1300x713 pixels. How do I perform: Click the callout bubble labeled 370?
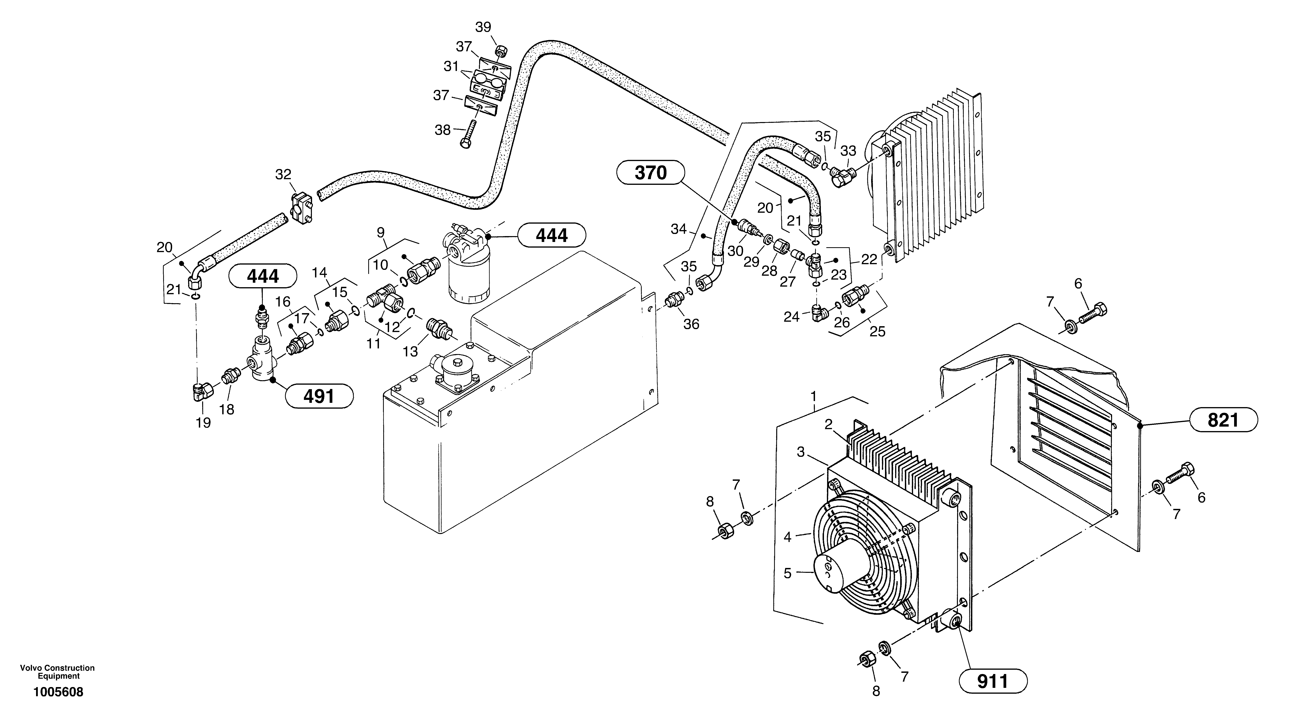point(650,173)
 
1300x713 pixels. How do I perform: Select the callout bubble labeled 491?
point(319,396)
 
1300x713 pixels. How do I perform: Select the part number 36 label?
point(691,324)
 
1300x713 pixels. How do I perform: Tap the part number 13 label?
point(410,351)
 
